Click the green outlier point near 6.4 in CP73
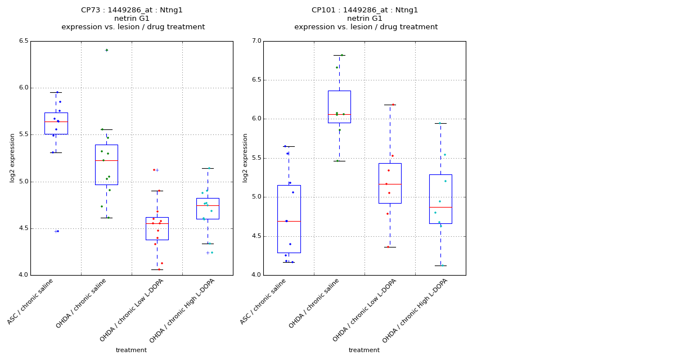click(x=106, y=50)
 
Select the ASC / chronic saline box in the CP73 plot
click(x=56, y=124)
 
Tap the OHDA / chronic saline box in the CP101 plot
click(x=339, y=106)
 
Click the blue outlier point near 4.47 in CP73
click(x=57, y=231)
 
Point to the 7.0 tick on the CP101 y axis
click(x=256, y=41)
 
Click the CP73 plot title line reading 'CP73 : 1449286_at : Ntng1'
click(x=132, y=10)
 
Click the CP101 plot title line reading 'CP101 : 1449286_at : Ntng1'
click(x=364, y=10)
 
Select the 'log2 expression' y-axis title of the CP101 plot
click(x=245, y=157)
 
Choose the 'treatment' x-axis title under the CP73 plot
click(x=131, y=350)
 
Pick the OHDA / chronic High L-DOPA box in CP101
click(x=440, y=199)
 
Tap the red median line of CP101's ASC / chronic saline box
click(x=289, y=221)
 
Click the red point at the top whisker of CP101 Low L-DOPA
click(x=393, y=105)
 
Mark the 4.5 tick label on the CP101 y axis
click(x=256, y=236)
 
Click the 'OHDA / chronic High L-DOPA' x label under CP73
click(x=183, y=310)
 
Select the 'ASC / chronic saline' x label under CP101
click(x=264, y=301)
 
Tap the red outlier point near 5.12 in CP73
click(x=154, y=170)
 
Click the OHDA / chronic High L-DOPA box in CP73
click(x=208, y=209)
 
